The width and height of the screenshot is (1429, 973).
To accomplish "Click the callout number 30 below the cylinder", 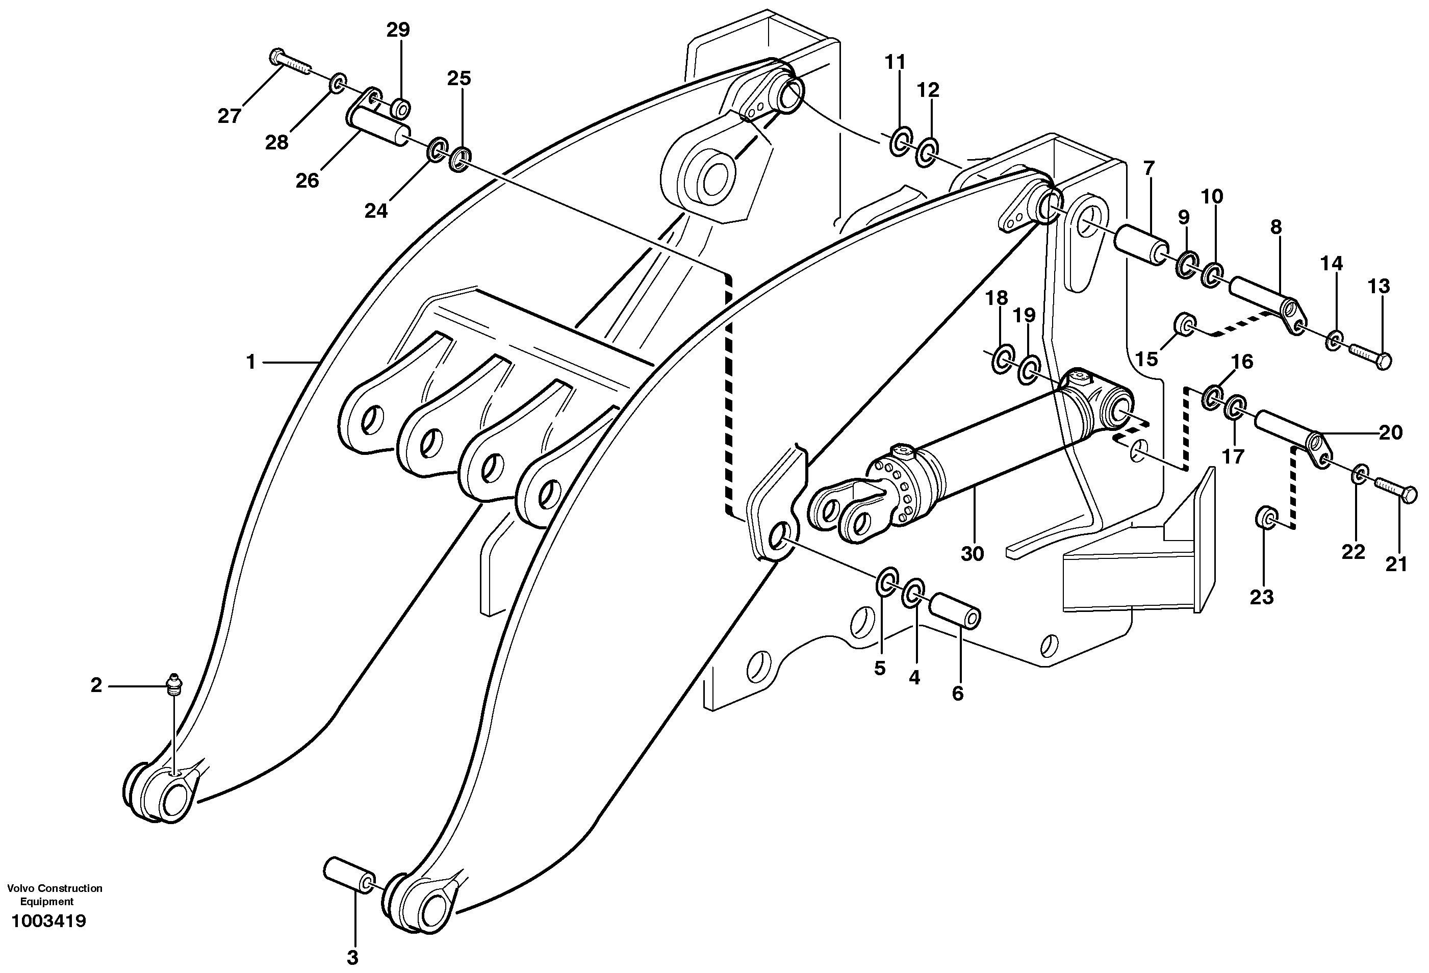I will coord(972,553).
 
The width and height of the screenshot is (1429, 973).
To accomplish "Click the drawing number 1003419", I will coord(48,921).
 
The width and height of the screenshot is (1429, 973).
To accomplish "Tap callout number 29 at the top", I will coord(398,30).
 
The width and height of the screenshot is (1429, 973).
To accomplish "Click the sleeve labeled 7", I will coord(1141,245).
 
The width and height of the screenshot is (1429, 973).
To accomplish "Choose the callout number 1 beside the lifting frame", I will coord(250,362).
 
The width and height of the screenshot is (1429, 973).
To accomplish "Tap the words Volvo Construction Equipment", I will coord(54,894).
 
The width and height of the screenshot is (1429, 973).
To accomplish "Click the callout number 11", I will coord(895,62).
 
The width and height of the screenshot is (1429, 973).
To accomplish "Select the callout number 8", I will coord(1276,227).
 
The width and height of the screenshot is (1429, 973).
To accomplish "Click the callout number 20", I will coord(1390,433).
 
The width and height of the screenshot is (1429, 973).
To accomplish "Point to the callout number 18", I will coord(996,298).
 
